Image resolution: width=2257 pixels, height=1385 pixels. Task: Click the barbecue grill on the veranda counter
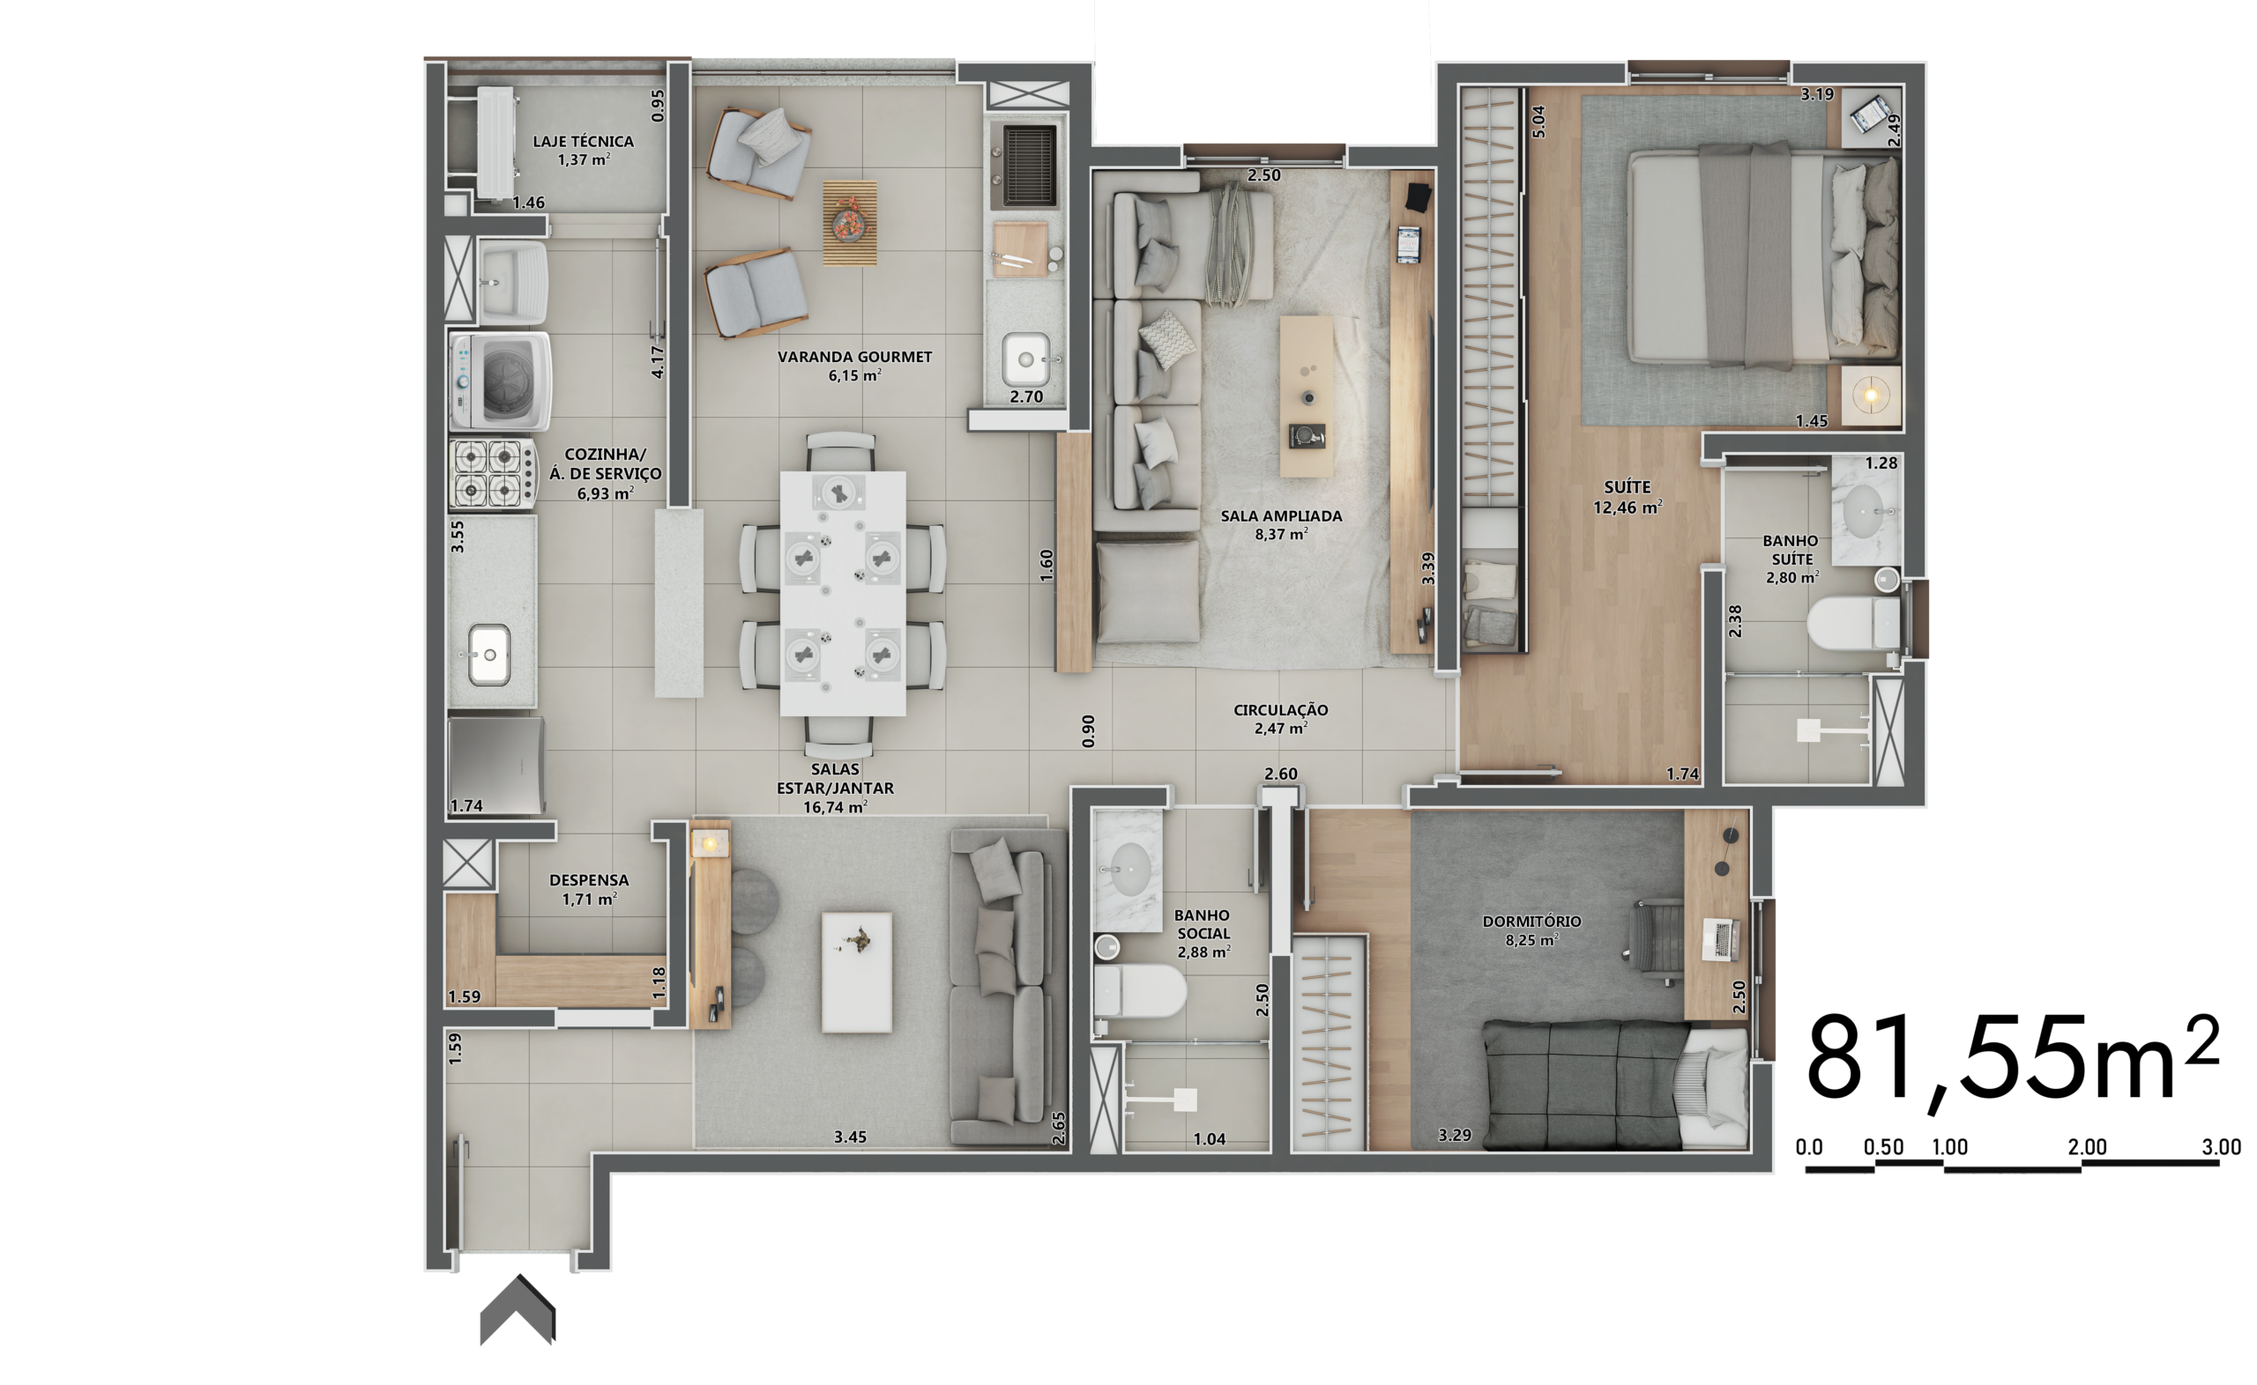[1028, 164]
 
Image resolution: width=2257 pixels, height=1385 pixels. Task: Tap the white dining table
[842, 593]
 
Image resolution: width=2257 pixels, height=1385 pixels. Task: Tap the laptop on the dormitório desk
[1721, 940]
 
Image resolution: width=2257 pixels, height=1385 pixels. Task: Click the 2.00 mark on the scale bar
[2087, 1147]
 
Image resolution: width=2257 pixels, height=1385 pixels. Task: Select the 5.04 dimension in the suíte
[1538, 122]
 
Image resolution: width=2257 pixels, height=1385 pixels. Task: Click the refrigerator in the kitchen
[496, 766]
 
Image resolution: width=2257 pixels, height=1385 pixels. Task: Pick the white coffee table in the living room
[857, 972]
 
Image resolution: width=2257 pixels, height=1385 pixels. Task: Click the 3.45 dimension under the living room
[850, 1137]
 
